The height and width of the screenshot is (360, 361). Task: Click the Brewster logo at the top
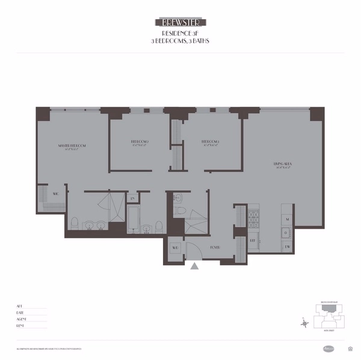click(x=180, y=22)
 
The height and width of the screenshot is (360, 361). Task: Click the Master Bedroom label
click(x=72, y=146)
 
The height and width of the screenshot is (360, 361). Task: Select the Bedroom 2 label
click(x=140, y=143)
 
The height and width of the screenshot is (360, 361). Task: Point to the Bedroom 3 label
click(x=211, y=143)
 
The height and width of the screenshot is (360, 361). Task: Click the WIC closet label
click(x=55, y=194)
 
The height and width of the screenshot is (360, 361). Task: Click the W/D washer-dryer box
click(x=176, y=247)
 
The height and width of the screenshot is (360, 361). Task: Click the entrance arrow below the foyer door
click(x=194, y=265)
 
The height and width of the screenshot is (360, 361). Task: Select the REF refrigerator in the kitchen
click(x=253, y=240)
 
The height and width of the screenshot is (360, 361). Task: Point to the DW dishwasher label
click(x=287, y=247)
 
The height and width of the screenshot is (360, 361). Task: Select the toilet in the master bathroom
click(x=75, y=223)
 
